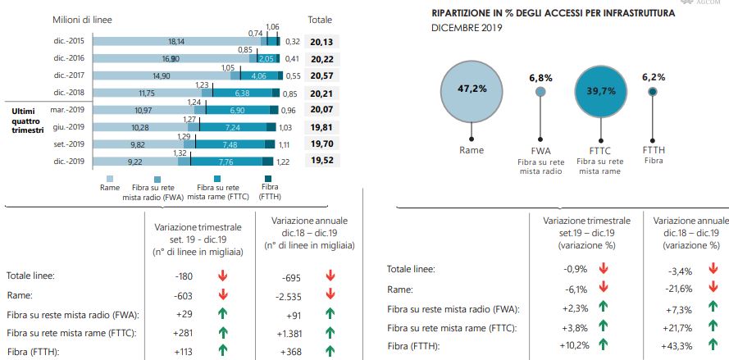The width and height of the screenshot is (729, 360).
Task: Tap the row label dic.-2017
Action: click(x=68, y=75)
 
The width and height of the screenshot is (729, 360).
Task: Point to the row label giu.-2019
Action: click(x=68, y=127)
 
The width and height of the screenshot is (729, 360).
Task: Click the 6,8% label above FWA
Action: click(x=540, y=78)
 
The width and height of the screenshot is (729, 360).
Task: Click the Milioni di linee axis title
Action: click(x=82, y=19)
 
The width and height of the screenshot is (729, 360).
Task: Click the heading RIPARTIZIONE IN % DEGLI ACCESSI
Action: click(x=554, y=14)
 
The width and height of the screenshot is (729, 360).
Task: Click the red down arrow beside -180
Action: click(x=221, y=276)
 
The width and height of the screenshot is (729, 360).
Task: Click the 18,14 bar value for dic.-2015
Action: click(x=175, y=41)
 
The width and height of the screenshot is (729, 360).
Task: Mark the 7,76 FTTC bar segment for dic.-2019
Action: click(x=227, y=163)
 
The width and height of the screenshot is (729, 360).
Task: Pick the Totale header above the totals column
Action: click(x=319, y=19)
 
